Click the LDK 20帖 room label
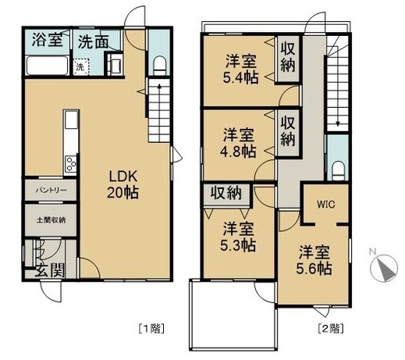click(x=123, y=182)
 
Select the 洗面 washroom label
click(x=92, y=41)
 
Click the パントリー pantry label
click(x=48, y=190)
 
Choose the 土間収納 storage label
click(x=48, y=219)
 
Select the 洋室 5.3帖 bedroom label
click(x=238, y=237)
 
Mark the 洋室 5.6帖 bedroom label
click(x=314, y=260)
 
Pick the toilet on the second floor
click(x=337, y=169)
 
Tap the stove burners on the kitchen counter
click(x=70, y=165)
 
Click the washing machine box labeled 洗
click(x=80, y=66)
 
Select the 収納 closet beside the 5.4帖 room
click(x=287, y=56)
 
